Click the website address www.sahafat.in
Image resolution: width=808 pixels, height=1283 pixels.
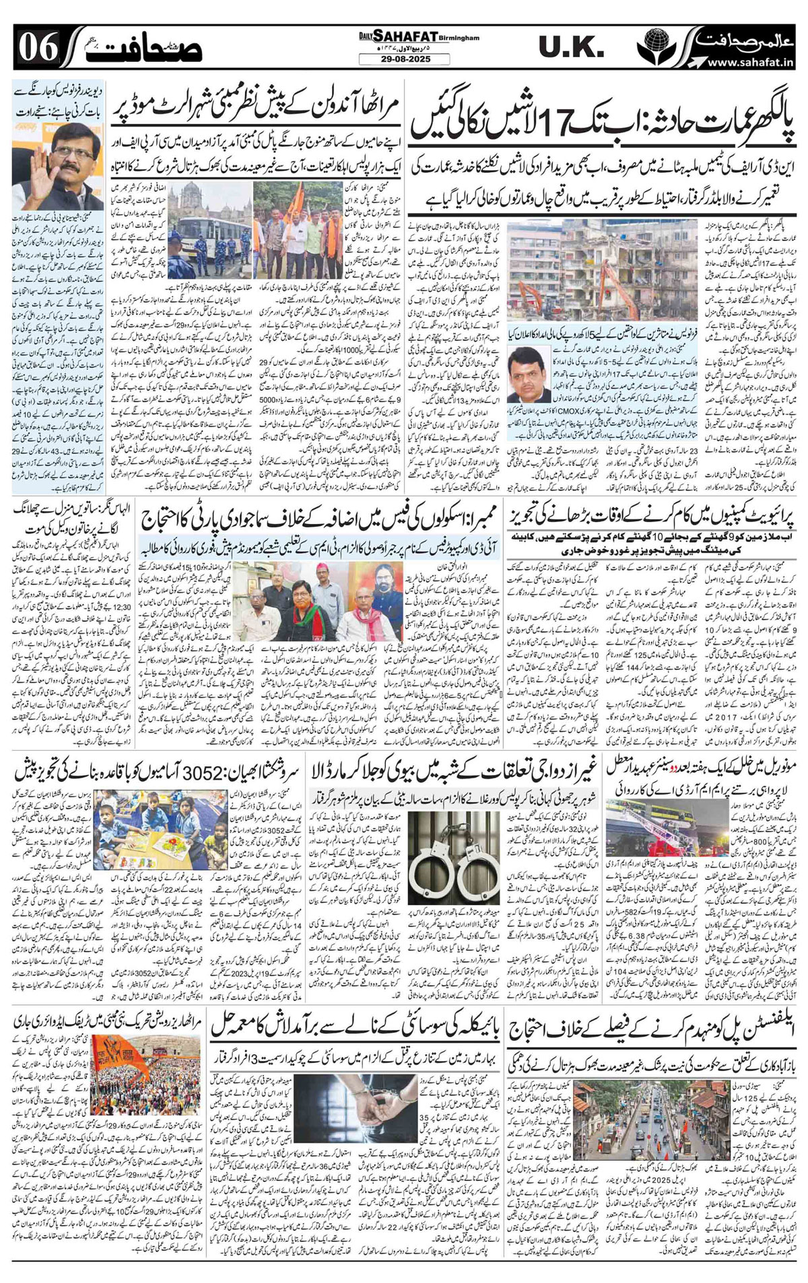pos(753,63)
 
